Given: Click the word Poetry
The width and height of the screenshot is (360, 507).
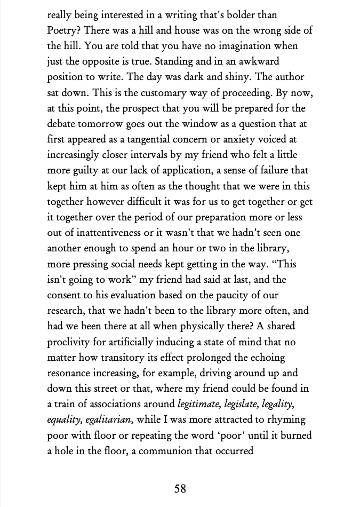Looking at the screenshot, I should [x=62, y=30].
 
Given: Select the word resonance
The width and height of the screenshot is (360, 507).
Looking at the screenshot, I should [x=71, y=373].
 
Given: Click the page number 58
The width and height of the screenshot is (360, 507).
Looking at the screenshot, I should [x=180, y=488].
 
